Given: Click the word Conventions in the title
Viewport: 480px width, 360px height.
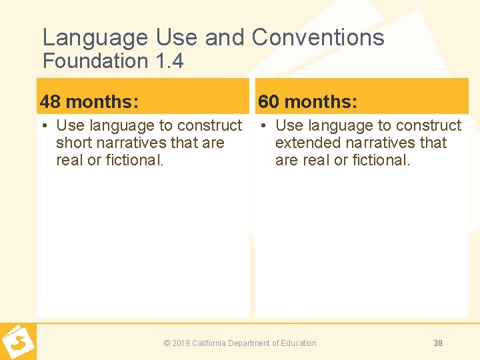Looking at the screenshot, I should point(318,37).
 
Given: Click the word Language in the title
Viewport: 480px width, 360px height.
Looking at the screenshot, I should point(95,37).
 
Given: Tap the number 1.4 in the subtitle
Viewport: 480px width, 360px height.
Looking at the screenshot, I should point(169,61).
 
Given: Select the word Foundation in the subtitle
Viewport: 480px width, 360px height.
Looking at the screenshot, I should point(95,61).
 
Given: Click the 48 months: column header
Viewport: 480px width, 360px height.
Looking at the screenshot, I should point(89,101).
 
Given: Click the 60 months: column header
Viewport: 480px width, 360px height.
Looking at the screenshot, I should point(308,101).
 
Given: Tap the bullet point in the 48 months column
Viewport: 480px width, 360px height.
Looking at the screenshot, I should point(43,125).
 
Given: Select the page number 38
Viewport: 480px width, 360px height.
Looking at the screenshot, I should point(438,343).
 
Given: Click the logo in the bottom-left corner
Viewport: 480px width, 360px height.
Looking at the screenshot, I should point(18,342).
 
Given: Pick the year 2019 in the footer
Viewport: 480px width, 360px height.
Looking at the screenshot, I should point(181,343).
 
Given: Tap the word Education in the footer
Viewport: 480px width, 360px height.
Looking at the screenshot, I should point(299,343).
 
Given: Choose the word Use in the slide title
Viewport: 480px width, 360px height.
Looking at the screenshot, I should point(179,37).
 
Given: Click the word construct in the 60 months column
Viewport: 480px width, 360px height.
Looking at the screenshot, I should point(427,125).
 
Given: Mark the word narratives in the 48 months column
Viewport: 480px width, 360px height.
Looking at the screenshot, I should point(134,143).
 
